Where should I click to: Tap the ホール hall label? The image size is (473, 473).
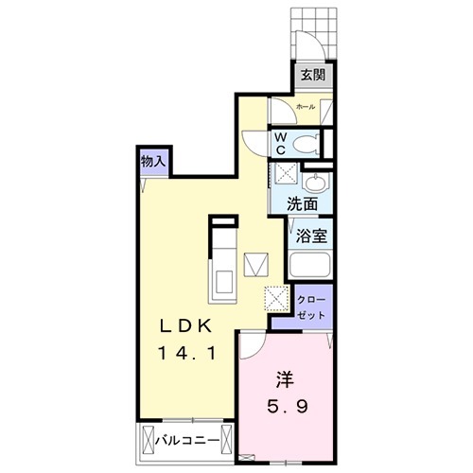pos(307,108)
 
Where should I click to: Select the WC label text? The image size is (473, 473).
pos(281,143)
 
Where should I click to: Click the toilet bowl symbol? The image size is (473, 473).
pos(305,144)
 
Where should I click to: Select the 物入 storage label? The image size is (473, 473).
pos(154,162)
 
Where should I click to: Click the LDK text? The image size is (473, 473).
pos(190,326)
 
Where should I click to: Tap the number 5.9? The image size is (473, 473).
pos(283,410)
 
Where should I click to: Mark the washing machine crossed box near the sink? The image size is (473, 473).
pos(283,176)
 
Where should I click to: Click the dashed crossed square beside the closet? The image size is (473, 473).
pos(277,299)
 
